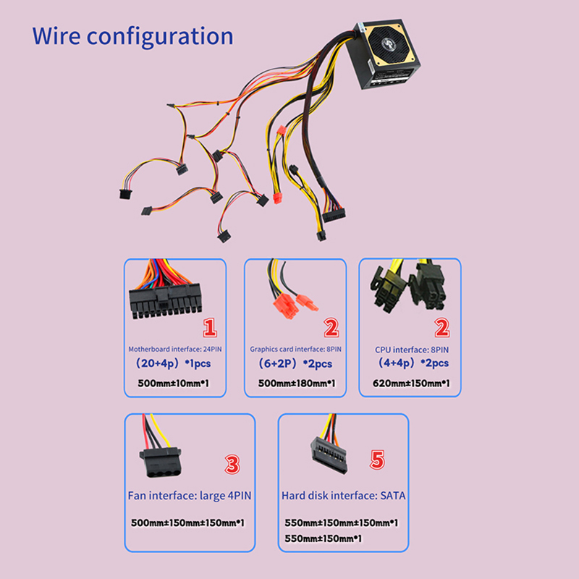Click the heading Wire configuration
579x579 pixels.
click(x=133, y=35)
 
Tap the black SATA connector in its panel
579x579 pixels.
click(x=329, y=456)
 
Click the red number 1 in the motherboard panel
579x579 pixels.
click(x=210, y=329)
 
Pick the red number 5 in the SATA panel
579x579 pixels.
click(x=377, y=459)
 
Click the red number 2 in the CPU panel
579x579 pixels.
click(x=441, y=329)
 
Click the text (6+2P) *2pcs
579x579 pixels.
click(x=295, y=363)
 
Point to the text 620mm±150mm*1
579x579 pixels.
click(x=409, y=384)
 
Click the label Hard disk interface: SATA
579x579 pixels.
click(x=343, y=496)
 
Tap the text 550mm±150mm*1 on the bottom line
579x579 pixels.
click(x=324, y=538)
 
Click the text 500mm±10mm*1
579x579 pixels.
click(x=173, y=384)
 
